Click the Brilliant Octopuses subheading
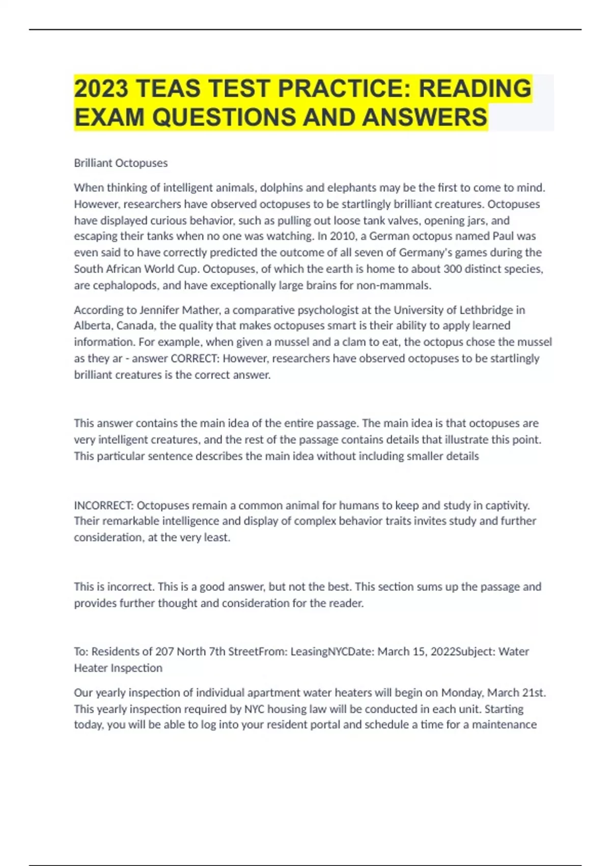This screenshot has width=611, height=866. click(121, 163)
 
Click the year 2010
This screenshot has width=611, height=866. click(343, 236)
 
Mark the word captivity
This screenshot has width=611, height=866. click(508, 505)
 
